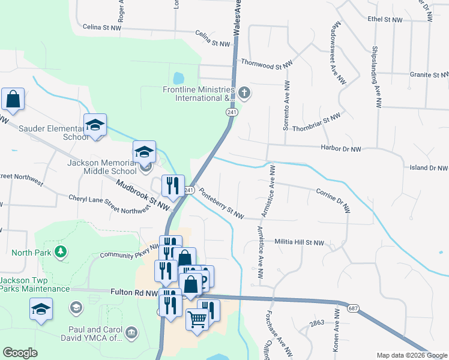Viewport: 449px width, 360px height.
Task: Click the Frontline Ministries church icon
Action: coord(244,92)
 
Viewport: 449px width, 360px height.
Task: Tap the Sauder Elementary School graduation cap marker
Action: coord(95,125)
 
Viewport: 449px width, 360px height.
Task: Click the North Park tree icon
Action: coord(60,252)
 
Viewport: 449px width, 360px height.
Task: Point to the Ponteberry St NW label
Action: coord(221,204)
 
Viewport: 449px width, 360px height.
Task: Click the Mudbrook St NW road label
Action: coord(143,196)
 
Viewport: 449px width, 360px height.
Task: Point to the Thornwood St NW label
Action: coord(267,62)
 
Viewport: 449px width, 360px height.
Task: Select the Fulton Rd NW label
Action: coord(134,293)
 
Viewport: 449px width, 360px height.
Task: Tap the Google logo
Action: coord(20,352)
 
